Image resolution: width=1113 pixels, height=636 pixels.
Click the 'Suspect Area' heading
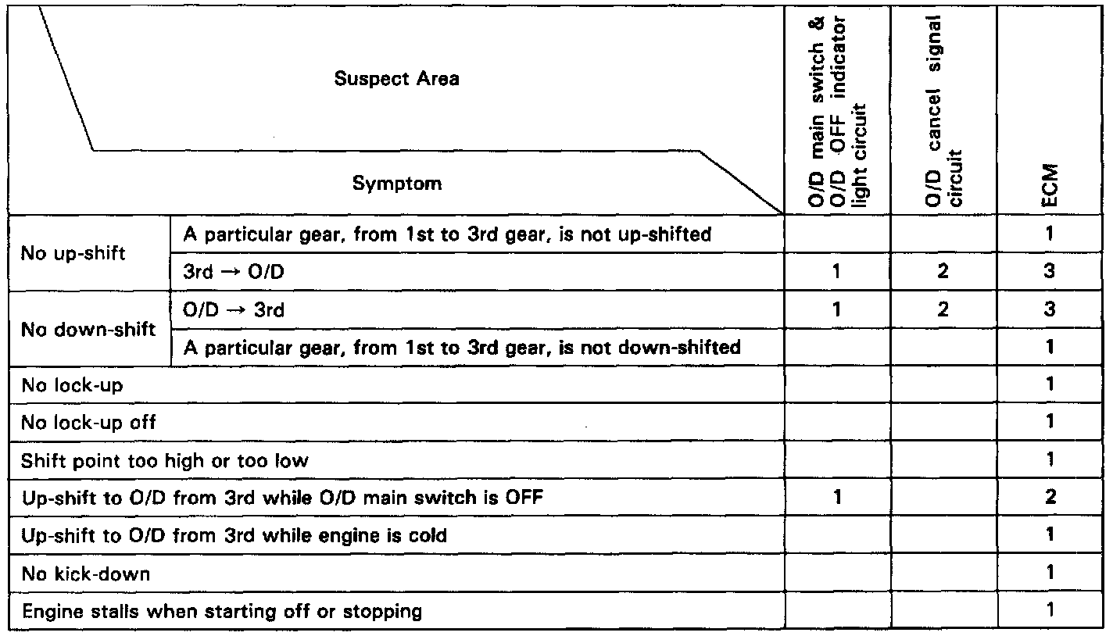[396, 79]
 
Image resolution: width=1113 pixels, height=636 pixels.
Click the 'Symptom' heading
[396, 184]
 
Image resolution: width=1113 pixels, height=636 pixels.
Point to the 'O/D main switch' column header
[835, 109]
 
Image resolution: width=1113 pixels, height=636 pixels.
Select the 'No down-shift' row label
[88, 329]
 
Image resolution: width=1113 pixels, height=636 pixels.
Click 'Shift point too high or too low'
[165, 460]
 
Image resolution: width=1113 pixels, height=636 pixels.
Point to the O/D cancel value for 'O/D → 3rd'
[943, 310]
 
